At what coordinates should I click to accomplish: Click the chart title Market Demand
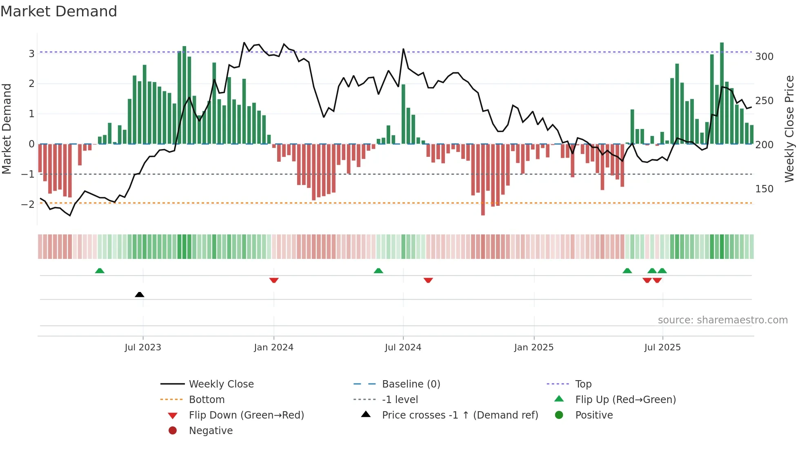click(59, 11)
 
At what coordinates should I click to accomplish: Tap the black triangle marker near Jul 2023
click(140, 294)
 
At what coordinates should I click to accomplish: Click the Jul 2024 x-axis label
click(403, 348)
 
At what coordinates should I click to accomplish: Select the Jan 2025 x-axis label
click(533, 348)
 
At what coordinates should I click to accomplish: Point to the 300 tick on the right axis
click(764, 57)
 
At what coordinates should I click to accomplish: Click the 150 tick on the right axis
click(764, 189)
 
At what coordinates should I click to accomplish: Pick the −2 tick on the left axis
click(28, 204)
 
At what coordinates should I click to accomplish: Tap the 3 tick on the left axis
click(31, 53)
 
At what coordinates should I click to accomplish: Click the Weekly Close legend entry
click(221, 384)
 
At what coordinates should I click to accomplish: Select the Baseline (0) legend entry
click(411, 384)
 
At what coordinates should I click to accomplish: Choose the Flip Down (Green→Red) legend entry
click(246, 415)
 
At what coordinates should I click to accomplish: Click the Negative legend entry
click(211, 431)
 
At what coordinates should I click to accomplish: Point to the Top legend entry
click(583, 384)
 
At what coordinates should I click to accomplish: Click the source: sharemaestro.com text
click(722, 320)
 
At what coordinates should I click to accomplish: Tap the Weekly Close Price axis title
click(789, 129)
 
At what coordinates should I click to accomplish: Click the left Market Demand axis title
click(7, 129)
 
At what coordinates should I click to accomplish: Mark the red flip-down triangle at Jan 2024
click(274, 280)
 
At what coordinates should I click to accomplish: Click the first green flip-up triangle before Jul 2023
click(100, 271)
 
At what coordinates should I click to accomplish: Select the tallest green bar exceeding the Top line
click(722, 93)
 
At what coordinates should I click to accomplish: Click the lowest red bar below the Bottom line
click(483, 180)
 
